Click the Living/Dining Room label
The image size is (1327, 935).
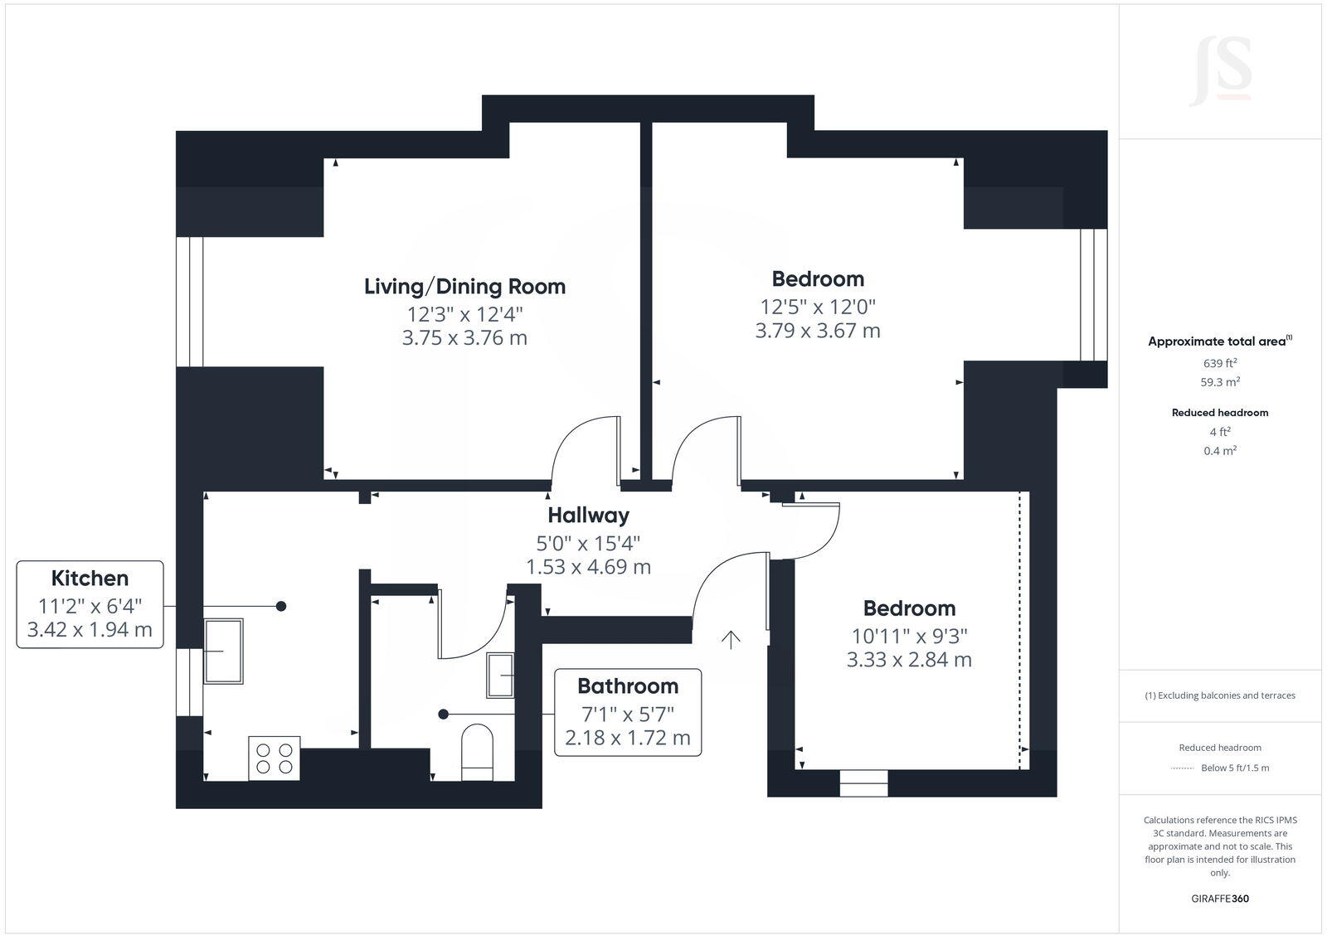[464, 287]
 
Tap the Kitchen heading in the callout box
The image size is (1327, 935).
[90, 579]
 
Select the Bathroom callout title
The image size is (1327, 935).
[628, 686]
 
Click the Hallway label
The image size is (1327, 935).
[588, 516]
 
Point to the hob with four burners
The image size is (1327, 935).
[275, 758]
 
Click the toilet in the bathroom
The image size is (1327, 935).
[477, 751]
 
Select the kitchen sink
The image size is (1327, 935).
[224, 651]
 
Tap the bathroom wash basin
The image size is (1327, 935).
[501, 675]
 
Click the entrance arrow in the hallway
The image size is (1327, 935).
[731, 639]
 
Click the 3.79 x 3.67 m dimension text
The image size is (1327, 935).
[818, 331]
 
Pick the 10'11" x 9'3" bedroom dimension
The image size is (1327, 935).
[909, 636]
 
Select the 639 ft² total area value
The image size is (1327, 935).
[1219, 363]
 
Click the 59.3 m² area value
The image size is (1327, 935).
[1219, 382]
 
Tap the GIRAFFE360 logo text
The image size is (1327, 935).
[1219, 899]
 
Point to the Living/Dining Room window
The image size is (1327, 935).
[190, 302]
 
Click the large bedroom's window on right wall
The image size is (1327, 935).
[1093, 295]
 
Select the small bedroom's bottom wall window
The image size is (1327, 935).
[863, 783]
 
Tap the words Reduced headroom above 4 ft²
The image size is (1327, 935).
[1219, 412]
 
